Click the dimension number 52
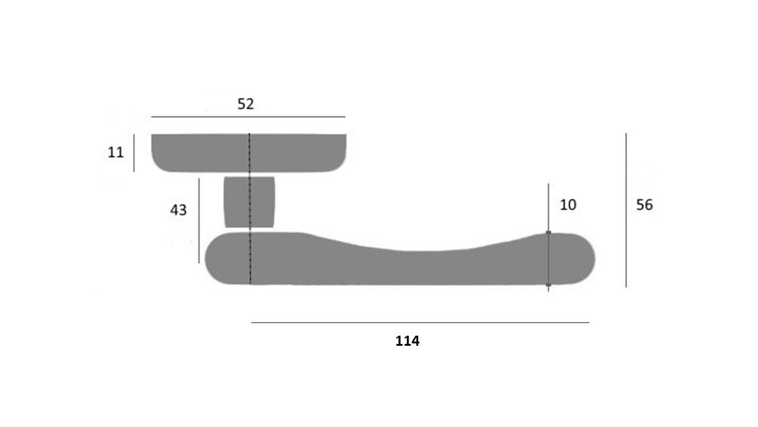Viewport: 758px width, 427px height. point(245,104)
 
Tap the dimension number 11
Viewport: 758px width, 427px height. point(115,152)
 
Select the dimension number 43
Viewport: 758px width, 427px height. point(178,210)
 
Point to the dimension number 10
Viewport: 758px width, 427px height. point(568,205)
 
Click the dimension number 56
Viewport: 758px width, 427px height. point(644,205)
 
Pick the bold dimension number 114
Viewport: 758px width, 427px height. point(407,341)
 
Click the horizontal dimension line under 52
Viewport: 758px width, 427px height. point(248,117)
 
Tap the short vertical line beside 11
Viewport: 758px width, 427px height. point(134,153)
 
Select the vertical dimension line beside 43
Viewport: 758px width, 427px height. point(199,221)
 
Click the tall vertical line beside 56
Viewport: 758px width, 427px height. point(626,210)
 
